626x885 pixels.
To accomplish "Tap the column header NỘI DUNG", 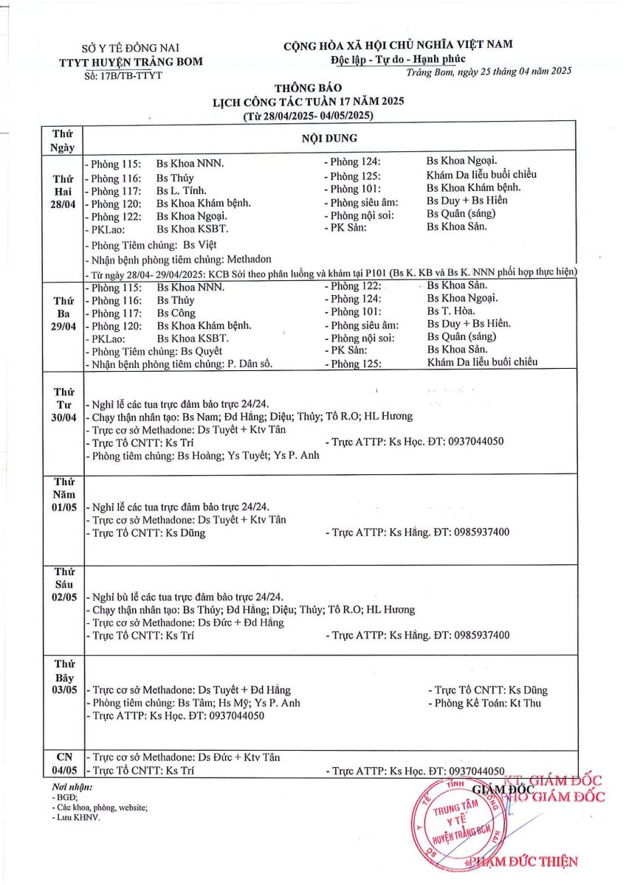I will [x=329, y=138].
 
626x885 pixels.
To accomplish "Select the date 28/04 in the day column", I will [x=63, y=204].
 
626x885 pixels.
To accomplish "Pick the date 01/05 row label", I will [x=63, y=507].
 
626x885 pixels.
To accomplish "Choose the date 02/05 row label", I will [x=63, y=597].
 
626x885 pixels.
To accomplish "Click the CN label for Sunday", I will [x=63, y=757].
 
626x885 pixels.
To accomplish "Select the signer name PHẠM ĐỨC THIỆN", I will [x=523, y=861].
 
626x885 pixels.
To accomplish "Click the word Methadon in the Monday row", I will [x=247, y=259].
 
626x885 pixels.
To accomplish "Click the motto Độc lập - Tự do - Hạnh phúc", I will [x=398, y=59].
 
